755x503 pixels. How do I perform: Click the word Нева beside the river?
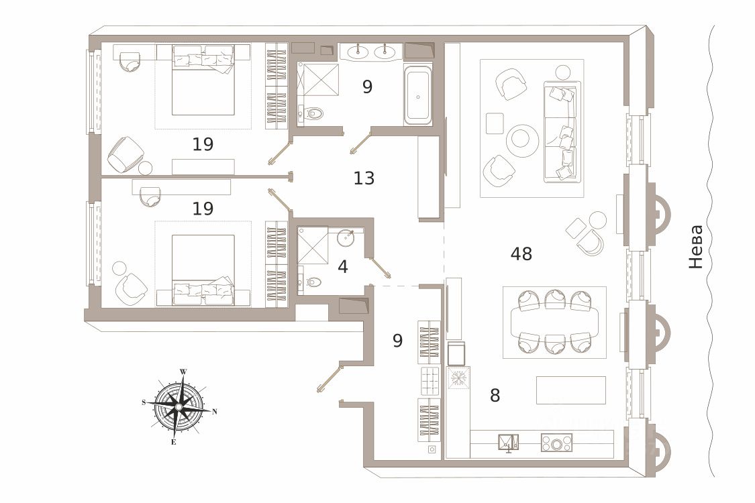coord(697,247)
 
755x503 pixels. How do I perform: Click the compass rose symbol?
coord(179,406)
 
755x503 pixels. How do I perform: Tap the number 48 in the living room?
coord(521,254)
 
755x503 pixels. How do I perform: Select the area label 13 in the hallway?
coord(364,178)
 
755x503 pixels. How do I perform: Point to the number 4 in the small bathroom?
coord(343,267)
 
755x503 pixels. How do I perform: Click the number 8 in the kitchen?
coord(495,396)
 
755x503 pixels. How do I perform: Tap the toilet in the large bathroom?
coord(311,113)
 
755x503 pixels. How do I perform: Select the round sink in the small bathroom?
coord(347,237)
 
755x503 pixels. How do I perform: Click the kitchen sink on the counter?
coord(508,443)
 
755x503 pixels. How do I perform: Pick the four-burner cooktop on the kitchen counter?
coord(556,443)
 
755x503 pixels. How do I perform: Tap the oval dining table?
coord(554,322)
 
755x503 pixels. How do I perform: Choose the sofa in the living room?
coord(562,131)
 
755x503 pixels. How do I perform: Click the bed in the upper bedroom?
coord(203,80)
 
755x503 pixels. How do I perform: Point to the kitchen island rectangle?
coord(570,390)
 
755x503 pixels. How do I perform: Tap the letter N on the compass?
coord(214,412)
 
